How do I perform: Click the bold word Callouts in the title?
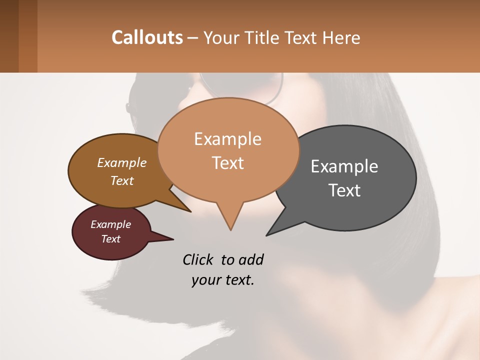[147, 37]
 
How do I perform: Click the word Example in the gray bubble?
[344, 166]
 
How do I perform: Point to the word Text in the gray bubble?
[344, 190]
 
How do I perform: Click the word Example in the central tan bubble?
[228, 139]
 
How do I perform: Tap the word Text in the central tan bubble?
[228, 163]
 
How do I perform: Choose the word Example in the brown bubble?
[122, 162]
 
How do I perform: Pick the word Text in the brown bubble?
[122, 180]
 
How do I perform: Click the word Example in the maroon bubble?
[111, 224]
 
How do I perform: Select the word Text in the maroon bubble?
[111, 239]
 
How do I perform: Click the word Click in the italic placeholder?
[199, 259]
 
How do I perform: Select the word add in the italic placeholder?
[251, 259]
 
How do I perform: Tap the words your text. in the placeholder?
[223, 280]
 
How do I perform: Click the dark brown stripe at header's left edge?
[9, 36]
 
